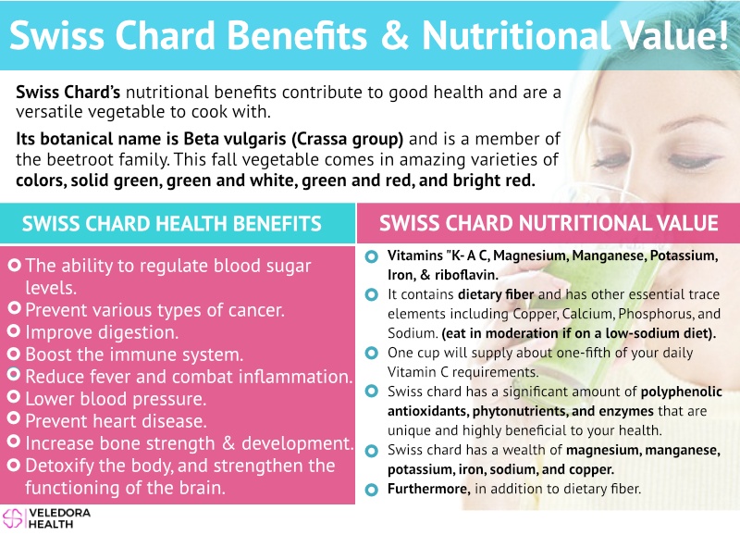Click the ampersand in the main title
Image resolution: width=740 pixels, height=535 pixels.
click(x=395, y=35)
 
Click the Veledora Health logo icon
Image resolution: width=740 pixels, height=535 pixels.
click(x=13, y=518)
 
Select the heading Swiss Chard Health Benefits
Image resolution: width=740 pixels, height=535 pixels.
click(x=172, y=224)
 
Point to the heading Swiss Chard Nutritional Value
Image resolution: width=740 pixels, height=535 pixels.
click(x=549, y=223)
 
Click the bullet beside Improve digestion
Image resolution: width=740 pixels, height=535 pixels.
click(x=14, y=331)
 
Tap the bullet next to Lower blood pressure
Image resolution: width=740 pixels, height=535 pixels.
click(x=14, y=396)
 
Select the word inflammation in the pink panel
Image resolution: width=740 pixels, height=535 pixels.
click(x=295, y=377)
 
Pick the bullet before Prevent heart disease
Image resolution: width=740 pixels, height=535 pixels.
click(x=14, y=418)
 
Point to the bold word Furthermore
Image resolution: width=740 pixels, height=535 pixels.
click(x=428, y=489)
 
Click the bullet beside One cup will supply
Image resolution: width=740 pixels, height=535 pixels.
click(x=372, y=354)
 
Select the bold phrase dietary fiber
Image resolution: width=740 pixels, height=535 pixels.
click(x=496, y=294)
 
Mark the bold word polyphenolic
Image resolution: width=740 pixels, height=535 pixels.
click(x=681, y=392)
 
